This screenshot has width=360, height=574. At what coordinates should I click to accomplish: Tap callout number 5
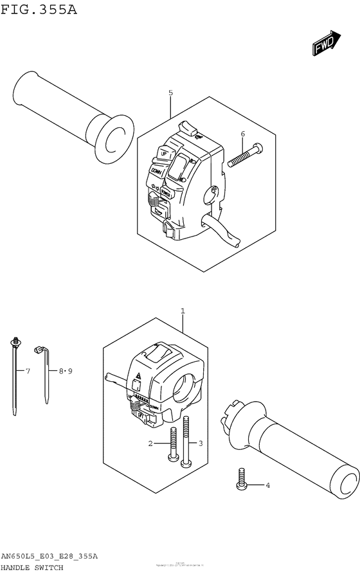[170, 93]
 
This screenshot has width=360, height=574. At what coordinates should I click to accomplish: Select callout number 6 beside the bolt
[242, 134]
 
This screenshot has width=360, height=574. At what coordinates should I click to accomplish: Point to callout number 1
[183, 312]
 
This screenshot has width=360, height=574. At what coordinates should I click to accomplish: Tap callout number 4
[267, 485]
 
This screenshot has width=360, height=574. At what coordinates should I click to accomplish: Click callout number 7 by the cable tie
[28, 371]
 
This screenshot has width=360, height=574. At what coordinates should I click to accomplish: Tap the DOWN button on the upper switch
[156, 172]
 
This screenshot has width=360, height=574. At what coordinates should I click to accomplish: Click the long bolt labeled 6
[244, 155]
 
